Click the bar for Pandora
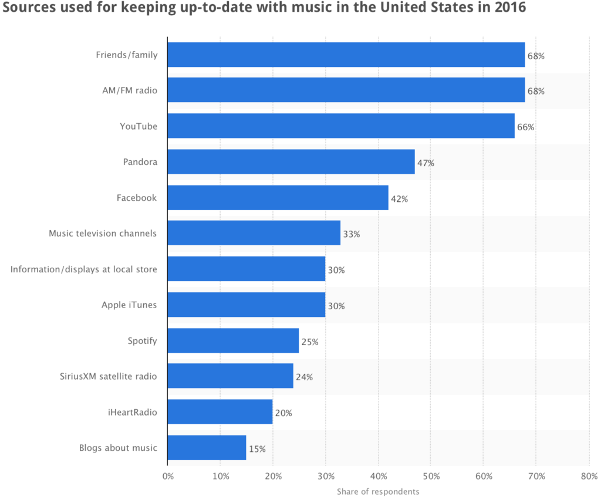[291, 162]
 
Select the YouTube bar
[341, 126]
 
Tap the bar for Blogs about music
[207, 448]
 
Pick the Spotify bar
[233, 341]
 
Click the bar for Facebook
[278, 198]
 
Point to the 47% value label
[426, 163]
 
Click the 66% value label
[525, 127]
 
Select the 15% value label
[257, 448]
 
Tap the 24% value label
[304, 377]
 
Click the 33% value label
[351, 234]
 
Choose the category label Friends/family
[126, 55]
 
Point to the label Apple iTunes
[129, 305]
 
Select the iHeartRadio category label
[129, 412]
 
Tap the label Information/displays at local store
[83, 269]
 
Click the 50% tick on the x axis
[431, 476]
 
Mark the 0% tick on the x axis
[167, 476]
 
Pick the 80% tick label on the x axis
[589, 476]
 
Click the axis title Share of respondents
[378, 491]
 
